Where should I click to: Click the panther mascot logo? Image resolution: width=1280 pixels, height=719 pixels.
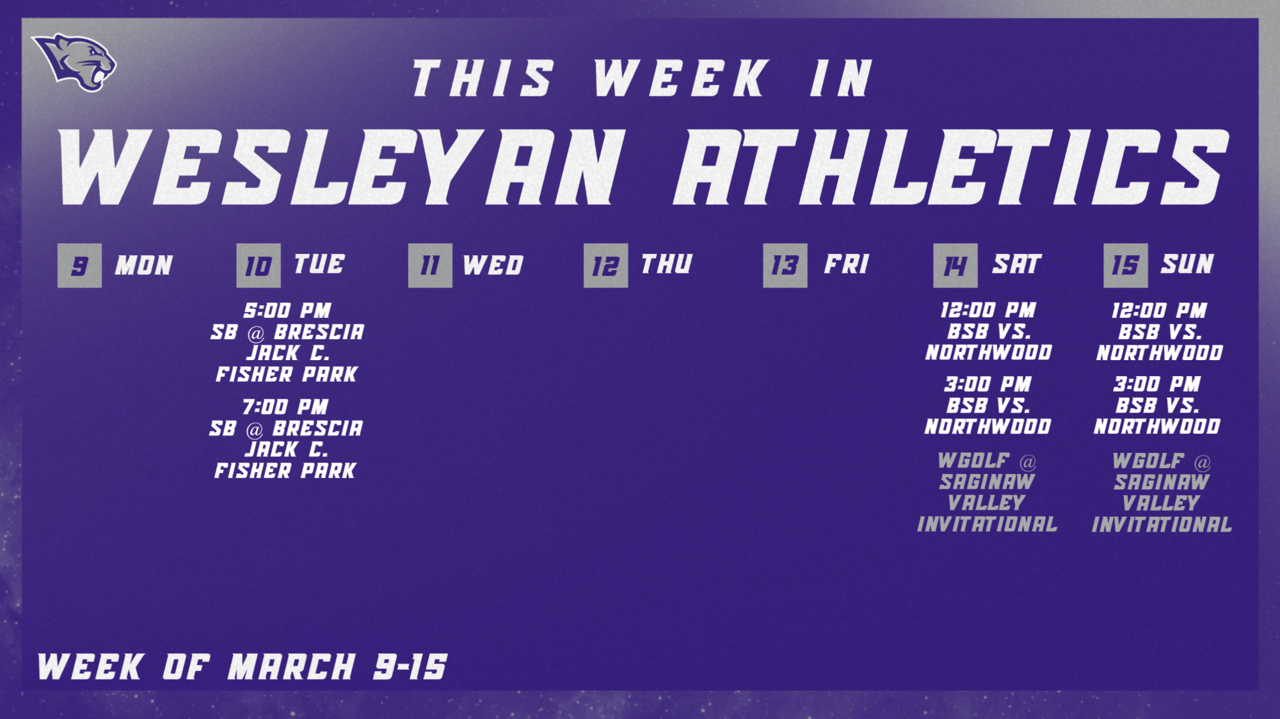pyautogui.click(x=75, y=62)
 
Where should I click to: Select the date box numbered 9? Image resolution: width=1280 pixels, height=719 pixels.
pyautogui.click(x=79, y=265)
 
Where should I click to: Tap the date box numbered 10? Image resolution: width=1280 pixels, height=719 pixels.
pyautogui.click(x=258, y=265)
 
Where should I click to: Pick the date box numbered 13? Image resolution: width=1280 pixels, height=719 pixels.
pyautogui.click(x=785, y=265)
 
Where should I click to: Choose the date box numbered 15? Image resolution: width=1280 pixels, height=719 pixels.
pyautogui.click(x=1125, y=265)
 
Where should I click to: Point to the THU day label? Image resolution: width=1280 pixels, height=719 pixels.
pyautogui.click(x=666, y=264)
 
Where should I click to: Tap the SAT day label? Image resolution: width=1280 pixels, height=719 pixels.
pyautogui.click(x=1017, y=264)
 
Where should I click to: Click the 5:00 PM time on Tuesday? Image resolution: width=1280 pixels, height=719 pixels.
pyautogui.click(x=287, y=311)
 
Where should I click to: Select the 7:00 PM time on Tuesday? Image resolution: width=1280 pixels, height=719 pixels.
pyautogui.click(x=285, y=407)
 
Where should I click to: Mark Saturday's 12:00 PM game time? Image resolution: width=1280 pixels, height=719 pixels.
pyautogui.click(x=988, y=311)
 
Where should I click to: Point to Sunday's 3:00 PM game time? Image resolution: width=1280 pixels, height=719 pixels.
pyautogui.click(x=1156, y=384)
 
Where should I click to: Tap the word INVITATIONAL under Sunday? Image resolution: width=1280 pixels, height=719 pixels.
pyautogui.click(x=1162, y=525)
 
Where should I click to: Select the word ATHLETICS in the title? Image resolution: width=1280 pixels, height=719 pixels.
pyautogui.click(x=950, y=167)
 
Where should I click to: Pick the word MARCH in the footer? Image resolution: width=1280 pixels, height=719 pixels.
pyautogui.click(x=292, y=667)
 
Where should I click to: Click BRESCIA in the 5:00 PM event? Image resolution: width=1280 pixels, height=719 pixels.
pyautogui.click(x=319, y=332)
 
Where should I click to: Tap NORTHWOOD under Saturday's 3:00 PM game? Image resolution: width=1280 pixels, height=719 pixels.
pyautogui.click(x=988, y=427)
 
